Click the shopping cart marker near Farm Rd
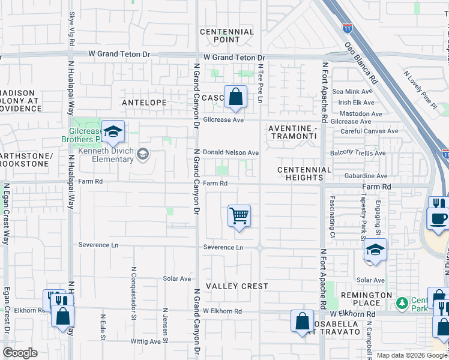[x=239, y=215]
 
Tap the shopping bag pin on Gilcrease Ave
[x=235, y=97]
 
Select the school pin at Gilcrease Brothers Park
[x=112, y=132]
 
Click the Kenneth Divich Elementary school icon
[x=142, y=155]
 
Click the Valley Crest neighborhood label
[x=237, y=286]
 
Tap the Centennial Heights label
[x=304, y=173]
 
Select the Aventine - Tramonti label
[x=292, y=132]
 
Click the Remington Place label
[x=366, y=299]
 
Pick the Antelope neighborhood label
[x=144, y=103]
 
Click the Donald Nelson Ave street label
[x=231, y=153]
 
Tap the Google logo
[x=20, y=353]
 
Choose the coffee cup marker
[x=438, y=218]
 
